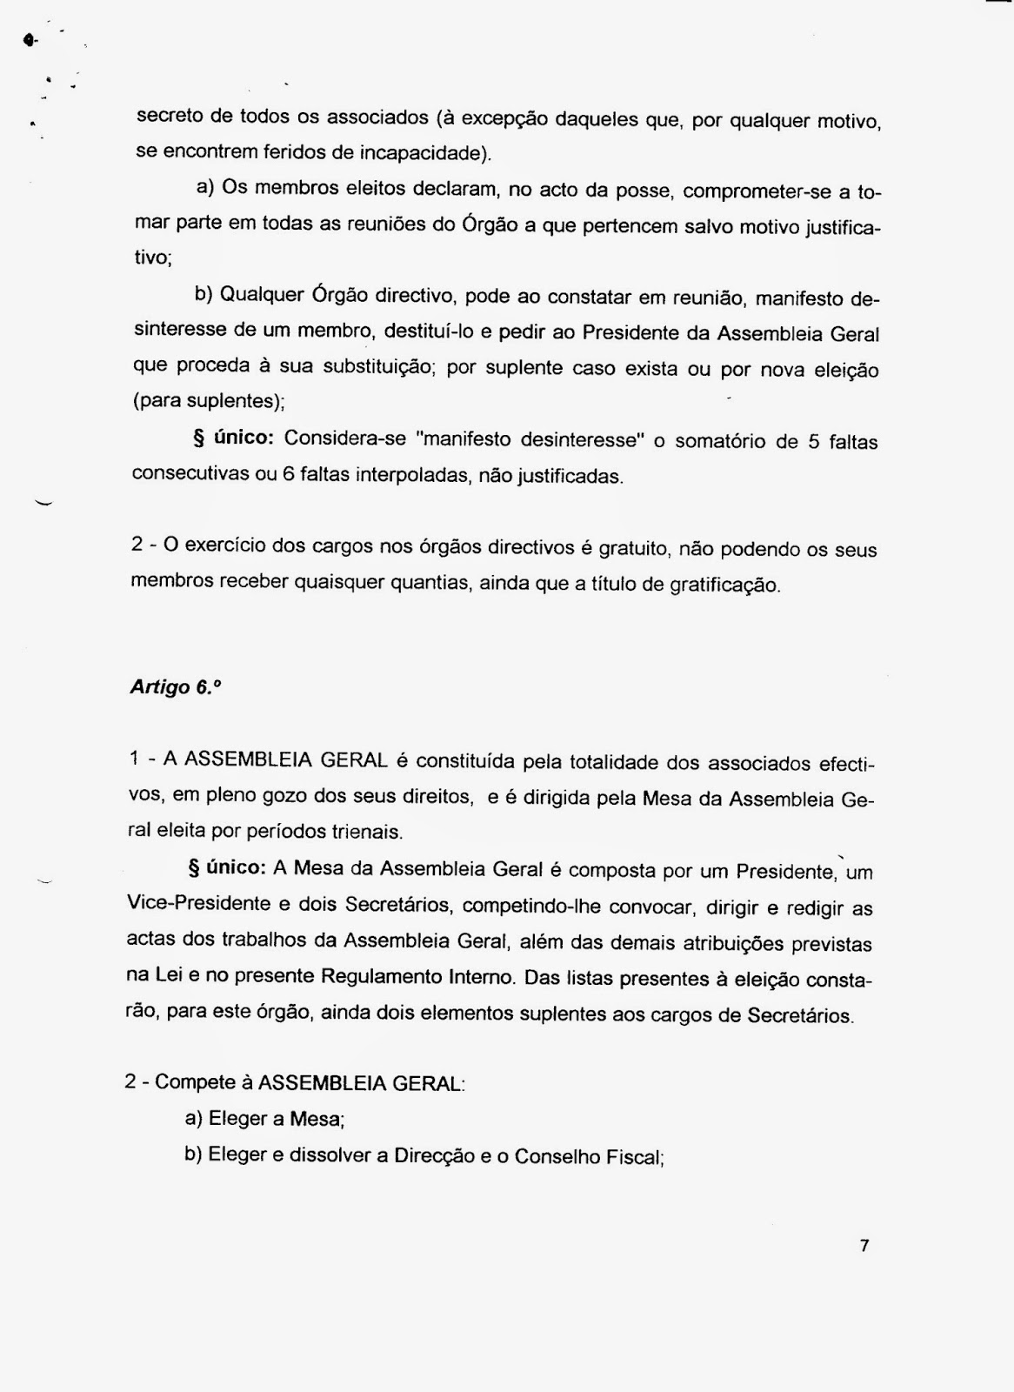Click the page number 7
[864, 1246]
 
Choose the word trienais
[367, 832]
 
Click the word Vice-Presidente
[199, 904]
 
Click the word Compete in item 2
[196, 1083]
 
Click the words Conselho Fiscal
[588, 1157]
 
